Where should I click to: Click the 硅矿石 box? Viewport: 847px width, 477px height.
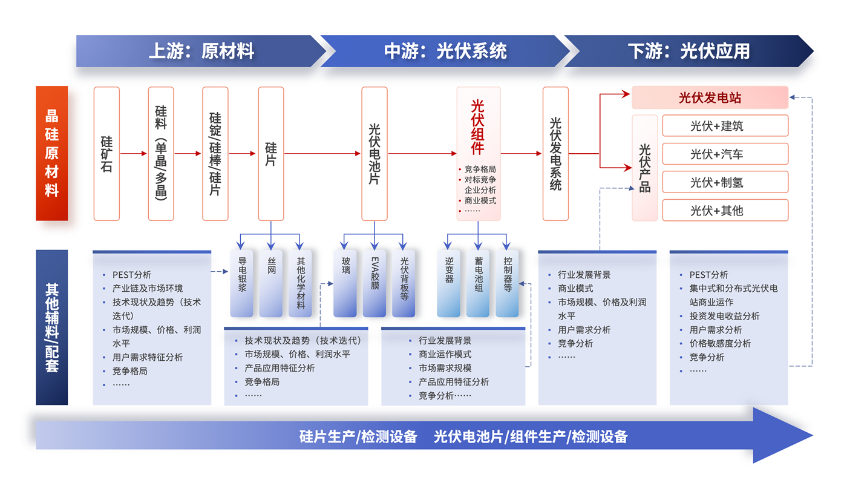pos(106,154)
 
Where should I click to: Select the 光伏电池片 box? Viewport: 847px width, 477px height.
pos(374,154)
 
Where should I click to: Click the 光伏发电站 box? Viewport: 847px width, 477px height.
pos(710,97)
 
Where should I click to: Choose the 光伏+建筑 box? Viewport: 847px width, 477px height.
pos(725,126)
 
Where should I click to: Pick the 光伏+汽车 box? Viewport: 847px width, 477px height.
pos(725,154)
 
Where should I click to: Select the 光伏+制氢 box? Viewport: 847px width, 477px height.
pos(725,182)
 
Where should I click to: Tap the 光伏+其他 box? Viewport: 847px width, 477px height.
pos(725,210)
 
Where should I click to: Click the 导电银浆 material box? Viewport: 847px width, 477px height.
pos(242,283)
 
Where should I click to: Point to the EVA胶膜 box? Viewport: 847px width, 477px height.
pos(374,283)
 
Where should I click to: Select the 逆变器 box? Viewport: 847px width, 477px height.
pos(449,283)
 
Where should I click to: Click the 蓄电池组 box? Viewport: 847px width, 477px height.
pos(479,283)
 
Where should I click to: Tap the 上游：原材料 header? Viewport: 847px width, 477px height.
pos(201,51)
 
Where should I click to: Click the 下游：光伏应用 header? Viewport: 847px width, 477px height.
pos(688,51)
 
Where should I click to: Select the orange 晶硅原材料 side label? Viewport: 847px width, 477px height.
pos(52,154)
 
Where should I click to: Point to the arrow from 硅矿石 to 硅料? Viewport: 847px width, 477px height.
pos(134,154)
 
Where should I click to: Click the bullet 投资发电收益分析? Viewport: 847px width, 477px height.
pos(724,316)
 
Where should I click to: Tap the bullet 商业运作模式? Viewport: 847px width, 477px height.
pos(445,354)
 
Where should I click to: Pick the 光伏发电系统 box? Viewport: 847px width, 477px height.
pos(555,154)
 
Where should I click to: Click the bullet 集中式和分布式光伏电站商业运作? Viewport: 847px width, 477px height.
pos(733,295)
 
